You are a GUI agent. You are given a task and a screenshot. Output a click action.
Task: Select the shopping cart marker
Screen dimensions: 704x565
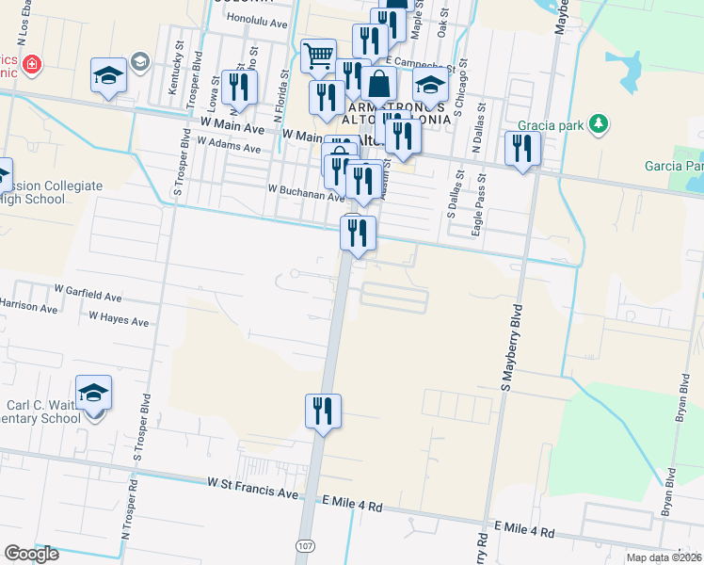pyautogui.click(x=318, y=56)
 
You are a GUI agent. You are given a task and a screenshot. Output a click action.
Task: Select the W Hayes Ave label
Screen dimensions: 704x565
pyautogui.click(x=119, y=320)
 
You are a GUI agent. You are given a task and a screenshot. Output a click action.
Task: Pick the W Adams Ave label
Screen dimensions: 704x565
pyautogui.click(x=229, y=144)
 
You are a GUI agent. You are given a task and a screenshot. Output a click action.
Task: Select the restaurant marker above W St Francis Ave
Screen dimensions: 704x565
pyautogui.click(x=323, y=411)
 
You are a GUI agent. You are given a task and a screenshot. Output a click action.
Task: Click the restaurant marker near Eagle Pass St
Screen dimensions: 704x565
pyautogui.click(x=521, y=149)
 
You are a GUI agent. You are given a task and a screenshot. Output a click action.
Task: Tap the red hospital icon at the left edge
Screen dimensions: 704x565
pyautogui.click(x=32, y=64)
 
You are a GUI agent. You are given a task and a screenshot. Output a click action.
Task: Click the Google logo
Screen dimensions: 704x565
pyautogui.click(x=31, y=554)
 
